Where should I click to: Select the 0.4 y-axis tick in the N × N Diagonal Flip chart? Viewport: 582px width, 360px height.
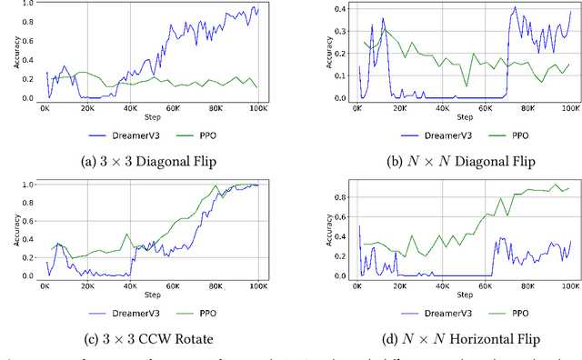(339, 9)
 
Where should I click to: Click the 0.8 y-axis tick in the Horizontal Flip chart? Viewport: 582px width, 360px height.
(339, 195)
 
